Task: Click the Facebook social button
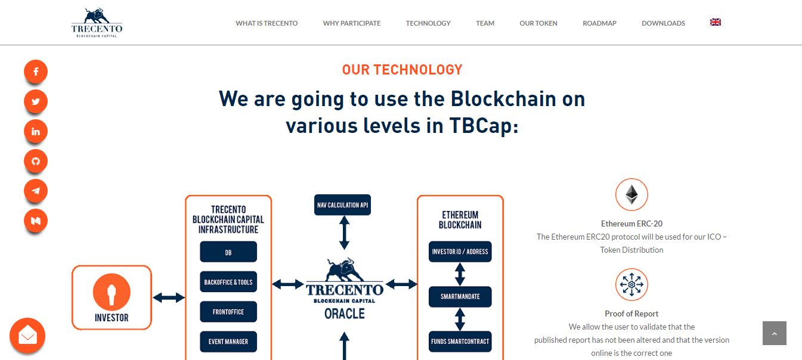36,72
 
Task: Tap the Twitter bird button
36,101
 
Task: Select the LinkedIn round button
36,131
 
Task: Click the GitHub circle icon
36,161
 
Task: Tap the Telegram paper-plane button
36,191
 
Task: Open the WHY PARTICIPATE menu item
352,23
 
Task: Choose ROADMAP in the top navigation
599,23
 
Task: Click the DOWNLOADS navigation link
663,23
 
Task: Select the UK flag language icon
716,22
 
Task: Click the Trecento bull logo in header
97,23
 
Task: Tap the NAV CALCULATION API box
343,204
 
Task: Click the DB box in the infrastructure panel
228,252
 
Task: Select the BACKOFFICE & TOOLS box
228,282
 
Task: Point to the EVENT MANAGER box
228,342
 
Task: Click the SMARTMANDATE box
460,296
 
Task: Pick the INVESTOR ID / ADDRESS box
460,251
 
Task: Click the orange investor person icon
112,292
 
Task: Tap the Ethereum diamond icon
631,195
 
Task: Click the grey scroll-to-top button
775,333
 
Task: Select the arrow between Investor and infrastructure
169,297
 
